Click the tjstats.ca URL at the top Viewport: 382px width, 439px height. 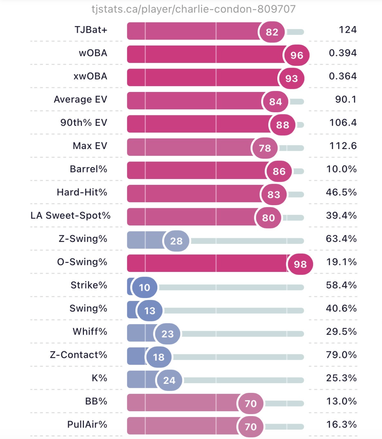pos(193,9)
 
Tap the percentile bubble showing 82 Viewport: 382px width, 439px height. pos(272,32)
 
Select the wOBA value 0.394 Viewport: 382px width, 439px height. pos(342,53)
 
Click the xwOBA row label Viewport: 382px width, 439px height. pos(90,76)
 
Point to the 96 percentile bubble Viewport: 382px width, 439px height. pos(297,55)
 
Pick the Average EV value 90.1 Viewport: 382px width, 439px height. pos(346,99)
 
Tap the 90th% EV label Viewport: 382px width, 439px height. pos(84,123)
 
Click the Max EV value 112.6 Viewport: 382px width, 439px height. pos(343,146)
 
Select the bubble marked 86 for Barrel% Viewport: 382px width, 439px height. pos(279,171)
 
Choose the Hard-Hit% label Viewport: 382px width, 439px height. pos(82,192)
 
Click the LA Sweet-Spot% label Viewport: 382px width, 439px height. pos(70,215)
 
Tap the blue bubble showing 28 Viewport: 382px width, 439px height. pos(176,241)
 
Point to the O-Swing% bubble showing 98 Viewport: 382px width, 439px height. pos(300,264)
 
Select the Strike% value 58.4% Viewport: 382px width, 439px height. pos(341,285)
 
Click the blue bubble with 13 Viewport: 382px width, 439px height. pos(150,311)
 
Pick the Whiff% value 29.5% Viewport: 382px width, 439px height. pos(341,331)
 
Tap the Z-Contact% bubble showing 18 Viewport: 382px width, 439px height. pos(159,357)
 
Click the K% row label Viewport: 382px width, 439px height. pos(99,378)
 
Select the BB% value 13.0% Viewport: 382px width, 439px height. pos(341,401)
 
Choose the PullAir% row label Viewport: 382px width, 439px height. pos(87,424)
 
